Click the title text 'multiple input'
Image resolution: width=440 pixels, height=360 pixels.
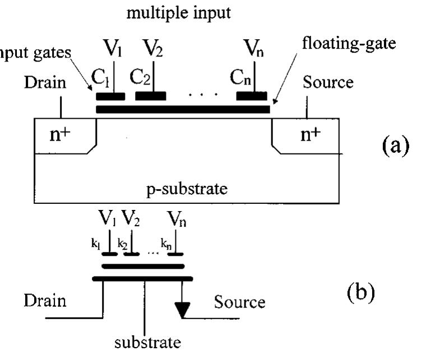(x=178, y=13)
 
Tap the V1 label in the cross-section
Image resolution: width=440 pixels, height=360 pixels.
(x=113, y=49)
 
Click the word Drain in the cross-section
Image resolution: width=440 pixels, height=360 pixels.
(x=45, y=83)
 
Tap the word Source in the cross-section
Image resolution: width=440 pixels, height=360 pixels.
(x=328, y=83)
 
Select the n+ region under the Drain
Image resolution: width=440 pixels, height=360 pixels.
(x=58, y=135)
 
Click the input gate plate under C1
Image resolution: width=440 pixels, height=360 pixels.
(x=110, y=96)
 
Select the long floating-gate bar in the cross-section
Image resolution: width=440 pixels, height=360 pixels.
(x=183, y=109)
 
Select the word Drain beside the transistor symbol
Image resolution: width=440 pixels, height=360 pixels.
(x=45, y=301)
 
